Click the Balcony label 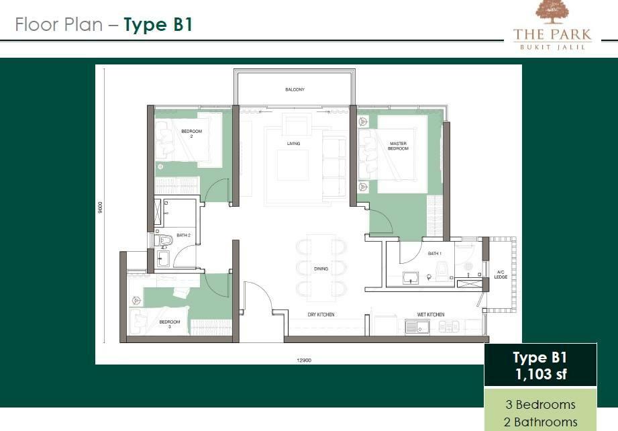click(295, 89)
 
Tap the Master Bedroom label click(398, 146)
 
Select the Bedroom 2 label click(191, 134)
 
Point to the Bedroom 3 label click(170, 324)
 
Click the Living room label click(294, 144)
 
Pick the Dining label click(321, 269)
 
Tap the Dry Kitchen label click(321, 314)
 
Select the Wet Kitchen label click(431, 314)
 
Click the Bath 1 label click(435, 254)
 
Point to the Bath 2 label click(184, 236)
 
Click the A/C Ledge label click(501, 275)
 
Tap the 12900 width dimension click(304, 360)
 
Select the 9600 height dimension click(100, 207)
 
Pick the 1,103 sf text click(541, 374)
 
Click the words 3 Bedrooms click(541, 405)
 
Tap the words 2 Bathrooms click(541, 422)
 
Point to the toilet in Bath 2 click(164, 240)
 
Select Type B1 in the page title click(158, 24)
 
